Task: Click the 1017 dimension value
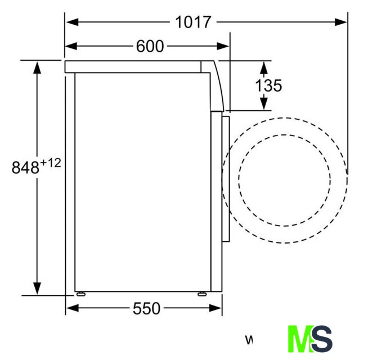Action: click(193, 22)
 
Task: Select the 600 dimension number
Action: click(150, 46)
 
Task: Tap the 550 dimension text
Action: click(146, 308)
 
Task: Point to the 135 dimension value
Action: click(268, 85)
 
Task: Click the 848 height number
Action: click(25, 168)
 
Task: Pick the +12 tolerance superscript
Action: click(51, 163)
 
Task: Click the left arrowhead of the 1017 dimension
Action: click(72, 22)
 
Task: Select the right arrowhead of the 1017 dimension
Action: click(341, 22)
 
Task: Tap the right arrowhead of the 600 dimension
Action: click(223, 46)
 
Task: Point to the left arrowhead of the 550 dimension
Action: click(72, 308)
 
